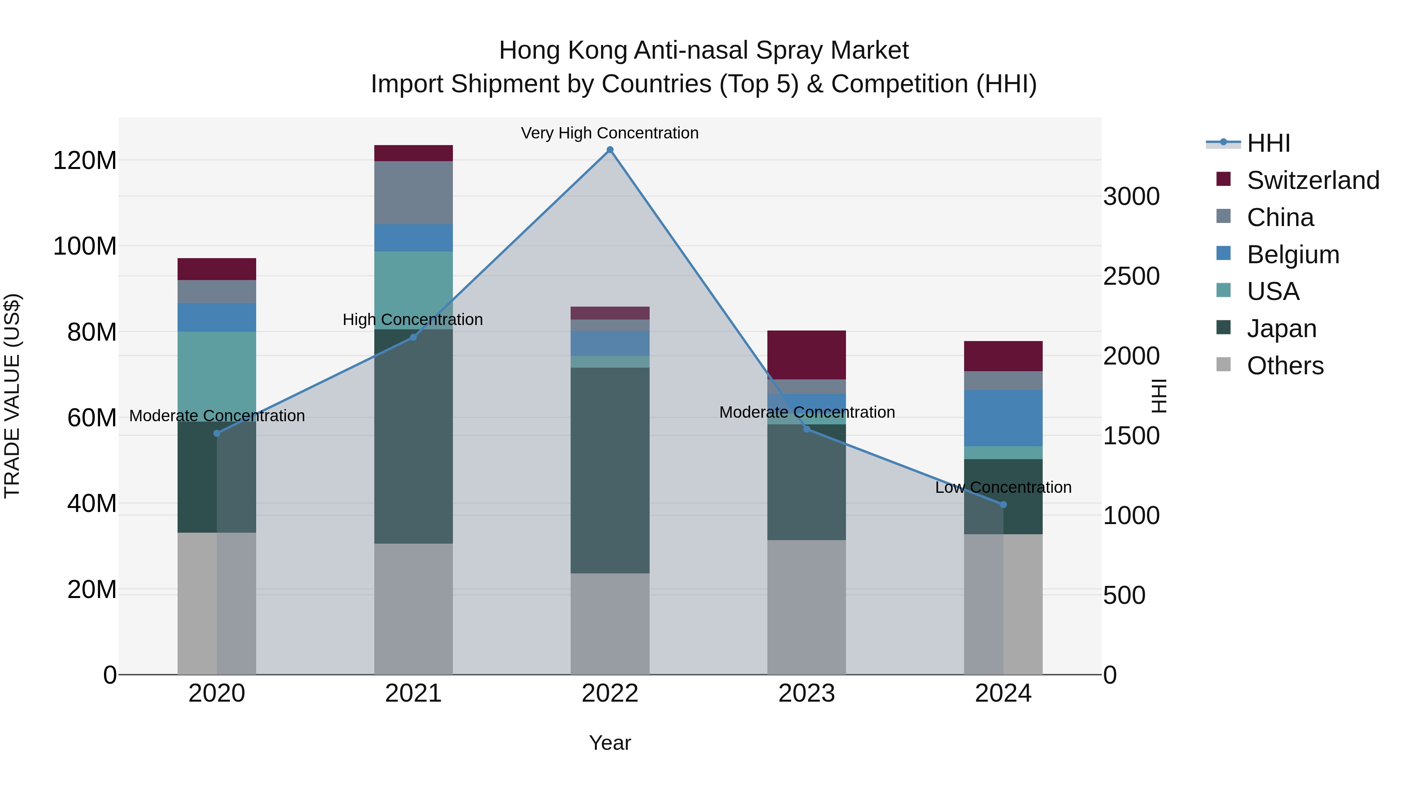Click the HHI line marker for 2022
click(x=610, y=150)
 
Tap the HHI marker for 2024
click(x=1003, y=505)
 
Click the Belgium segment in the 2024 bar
click(x=1003, y=418)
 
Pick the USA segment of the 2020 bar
click(x=217, y=376)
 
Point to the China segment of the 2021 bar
click(x=413, y=192)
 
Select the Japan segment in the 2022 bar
click(x=610, y=470)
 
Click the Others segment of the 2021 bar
click(x=413, y=608)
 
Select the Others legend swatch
click(x=1223, y=365)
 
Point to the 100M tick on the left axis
click(x=85, y=246)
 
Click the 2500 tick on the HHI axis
click(x=1131, y=276)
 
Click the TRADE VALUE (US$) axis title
click(x=12, y=396)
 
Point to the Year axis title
click(x=610, y=743)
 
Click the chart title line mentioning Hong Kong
click(x=704, y=50)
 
